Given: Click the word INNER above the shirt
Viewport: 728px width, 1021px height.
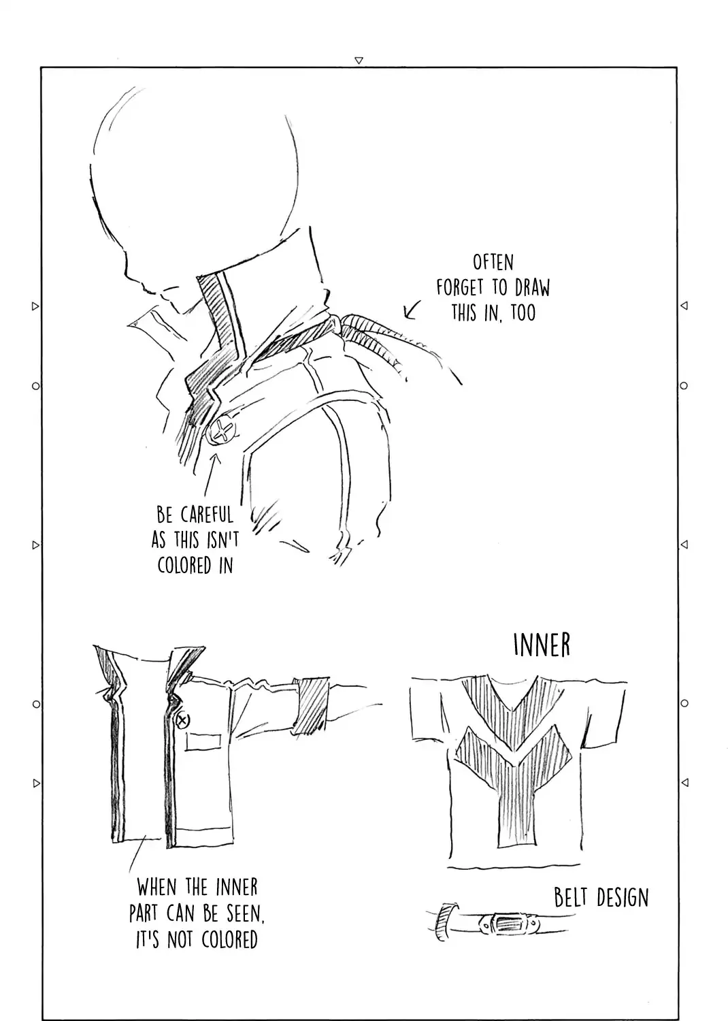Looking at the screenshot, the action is [x=542, y=645].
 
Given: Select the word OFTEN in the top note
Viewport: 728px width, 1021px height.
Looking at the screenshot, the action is [x=493, y=263].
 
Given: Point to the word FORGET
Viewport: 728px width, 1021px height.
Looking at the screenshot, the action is [x=459, y=288].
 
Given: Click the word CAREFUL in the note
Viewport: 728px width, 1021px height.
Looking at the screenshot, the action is [x=207, y=515].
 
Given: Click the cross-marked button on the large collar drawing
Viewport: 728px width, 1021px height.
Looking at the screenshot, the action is [x=222, y=430].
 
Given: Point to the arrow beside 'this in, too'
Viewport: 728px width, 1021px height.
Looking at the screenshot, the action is [x=412, y=310].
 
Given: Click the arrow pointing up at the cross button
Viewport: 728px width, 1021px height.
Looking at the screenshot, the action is [x=212, y=474].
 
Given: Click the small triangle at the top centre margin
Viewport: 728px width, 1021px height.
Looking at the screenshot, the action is [x=359, y=60].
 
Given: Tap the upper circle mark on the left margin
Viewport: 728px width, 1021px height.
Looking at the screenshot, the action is [x=36, y=386].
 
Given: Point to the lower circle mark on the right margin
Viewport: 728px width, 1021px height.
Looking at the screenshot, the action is [x=684, y=703].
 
